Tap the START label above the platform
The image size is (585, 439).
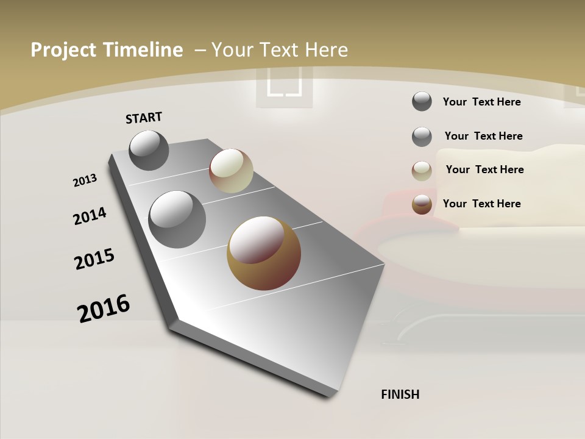click(144, 118)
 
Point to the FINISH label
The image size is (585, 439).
click(400, 394)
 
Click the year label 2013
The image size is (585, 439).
click(85, 180)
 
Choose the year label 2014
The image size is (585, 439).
click(90, 216)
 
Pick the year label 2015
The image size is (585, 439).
click(94, 259)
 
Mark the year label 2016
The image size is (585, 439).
click(104, 308)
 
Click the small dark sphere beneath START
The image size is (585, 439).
click(149, 150)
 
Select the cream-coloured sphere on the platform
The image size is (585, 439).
click(231, 171)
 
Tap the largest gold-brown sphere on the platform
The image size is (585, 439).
click(264, 253)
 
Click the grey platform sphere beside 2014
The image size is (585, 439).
click(177, 220)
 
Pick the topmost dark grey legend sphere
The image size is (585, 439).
click(422, 101)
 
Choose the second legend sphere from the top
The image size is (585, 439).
click(422, 137)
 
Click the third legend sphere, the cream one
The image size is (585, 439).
click(422, 171)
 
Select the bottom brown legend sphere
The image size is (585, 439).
click(422, 204)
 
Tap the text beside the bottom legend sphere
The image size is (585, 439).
click(481, 204)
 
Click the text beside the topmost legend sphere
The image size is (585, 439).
click(481, 102)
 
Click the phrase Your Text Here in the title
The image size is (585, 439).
click(280, 50)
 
